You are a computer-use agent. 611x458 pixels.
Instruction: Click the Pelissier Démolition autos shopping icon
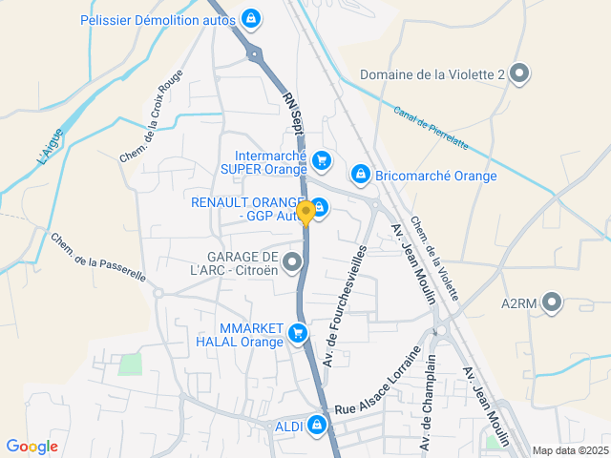coord(250,18)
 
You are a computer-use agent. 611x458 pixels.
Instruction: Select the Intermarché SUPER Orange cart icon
coord(322,161)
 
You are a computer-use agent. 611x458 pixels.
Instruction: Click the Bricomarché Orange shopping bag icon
coord(360,175)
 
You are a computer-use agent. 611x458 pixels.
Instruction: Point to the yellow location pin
coord(305,213)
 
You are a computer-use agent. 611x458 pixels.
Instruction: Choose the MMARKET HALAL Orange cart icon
coord(299,334)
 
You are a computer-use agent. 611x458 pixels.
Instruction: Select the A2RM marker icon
coord(552,304)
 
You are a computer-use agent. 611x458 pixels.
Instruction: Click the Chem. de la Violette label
coord(434,259)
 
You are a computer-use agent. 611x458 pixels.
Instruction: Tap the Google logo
coord(32,446)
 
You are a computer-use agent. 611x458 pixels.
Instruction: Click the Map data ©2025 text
coord(569,450)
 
